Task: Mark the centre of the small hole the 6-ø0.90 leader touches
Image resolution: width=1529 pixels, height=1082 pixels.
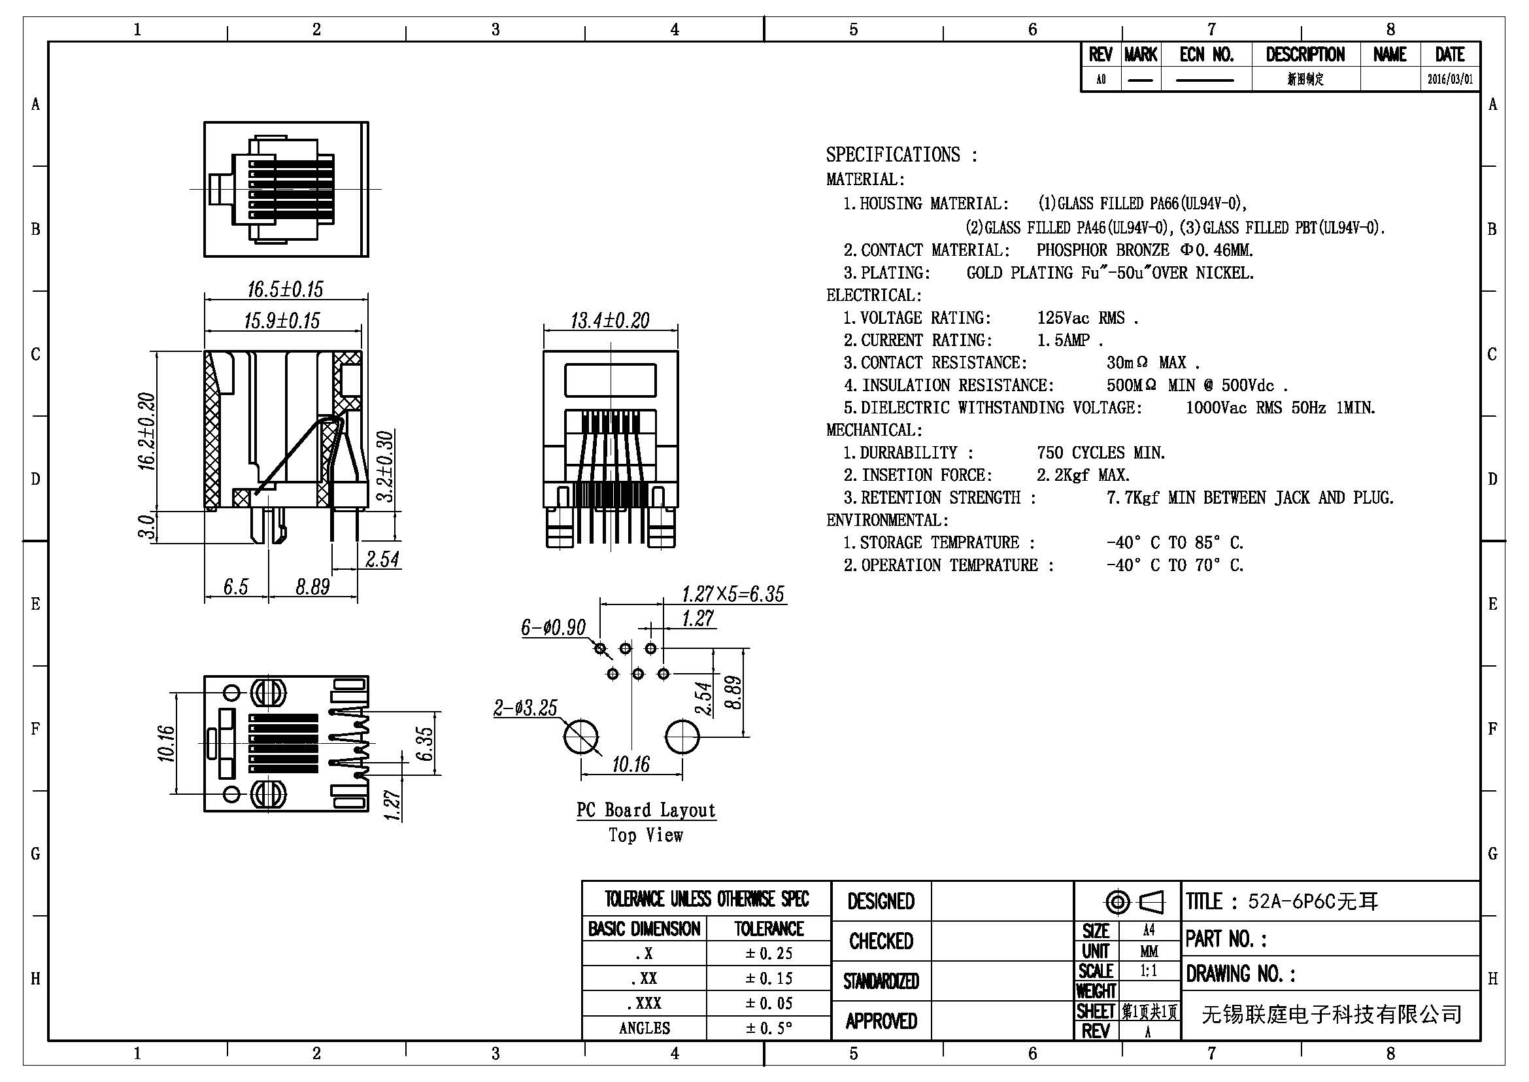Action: click(600, 648)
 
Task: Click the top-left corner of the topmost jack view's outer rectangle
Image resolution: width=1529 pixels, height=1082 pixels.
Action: click(204, 122)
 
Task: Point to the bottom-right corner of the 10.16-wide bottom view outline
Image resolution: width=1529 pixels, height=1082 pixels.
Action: click(368, 811)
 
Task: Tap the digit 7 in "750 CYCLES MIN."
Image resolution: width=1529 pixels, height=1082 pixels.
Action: click(1041, 453)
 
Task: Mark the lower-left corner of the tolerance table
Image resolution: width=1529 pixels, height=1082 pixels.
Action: click(582, 1040)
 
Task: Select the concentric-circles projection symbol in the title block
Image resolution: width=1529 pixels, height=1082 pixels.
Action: click(1117, 903)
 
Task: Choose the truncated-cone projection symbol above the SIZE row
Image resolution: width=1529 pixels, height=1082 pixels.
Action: click(1151, 903)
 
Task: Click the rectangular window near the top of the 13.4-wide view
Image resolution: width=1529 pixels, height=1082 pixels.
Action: click(610, 380)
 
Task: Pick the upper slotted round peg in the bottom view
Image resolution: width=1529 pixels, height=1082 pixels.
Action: click(269, 692)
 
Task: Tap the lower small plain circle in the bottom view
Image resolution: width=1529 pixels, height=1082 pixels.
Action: click(232, 794)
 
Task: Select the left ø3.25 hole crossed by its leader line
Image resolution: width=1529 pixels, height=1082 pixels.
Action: click(580, 736)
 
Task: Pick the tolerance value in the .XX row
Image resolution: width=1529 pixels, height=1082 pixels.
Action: click(769, 978)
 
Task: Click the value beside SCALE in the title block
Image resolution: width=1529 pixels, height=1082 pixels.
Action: click(1149, 970)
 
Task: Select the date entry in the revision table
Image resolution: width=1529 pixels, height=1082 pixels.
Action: click(1450, 79)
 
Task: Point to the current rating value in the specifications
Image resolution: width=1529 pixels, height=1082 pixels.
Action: click(1069, 340)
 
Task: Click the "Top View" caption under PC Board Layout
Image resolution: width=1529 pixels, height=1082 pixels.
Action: click(646, 835)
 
